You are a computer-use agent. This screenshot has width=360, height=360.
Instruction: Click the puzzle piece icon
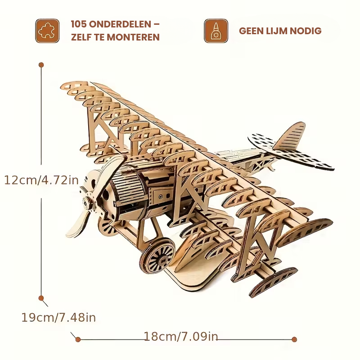coord(47,31)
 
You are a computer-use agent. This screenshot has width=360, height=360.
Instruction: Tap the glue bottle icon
coord(216,31)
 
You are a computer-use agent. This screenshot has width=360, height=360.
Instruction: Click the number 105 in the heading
coord(79,24)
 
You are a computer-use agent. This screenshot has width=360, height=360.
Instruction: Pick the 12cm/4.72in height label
coord(41,180)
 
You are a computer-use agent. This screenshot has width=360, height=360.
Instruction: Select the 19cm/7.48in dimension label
coord(58,317)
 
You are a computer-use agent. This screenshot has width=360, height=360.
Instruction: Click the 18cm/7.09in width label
coord(181,336)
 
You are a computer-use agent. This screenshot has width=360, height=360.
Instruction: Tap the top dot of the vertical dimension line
coord(41,65)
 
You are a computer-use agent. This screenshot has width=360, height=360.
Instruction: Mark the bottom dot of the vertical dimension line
coord(41,298)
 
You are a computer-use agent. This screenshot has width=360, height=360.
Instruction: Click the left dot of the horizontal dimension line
coord(78,339)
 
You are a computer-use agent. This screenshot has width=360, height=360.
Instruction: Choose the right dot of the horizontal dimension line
coord(294,339)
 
